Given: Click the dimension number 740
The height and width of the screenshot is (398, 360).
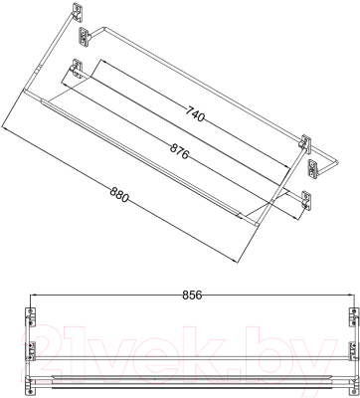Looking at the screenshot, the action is click(195, 114).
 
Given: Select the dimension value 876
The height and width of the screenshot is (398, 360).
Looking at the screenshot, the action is click(179, 151).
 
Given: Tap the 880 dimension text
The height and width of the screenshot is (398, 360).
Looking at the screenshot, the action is click(118, 195).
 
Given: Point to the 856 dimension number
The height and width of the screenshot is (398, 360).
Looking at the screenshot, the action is click(192, 295).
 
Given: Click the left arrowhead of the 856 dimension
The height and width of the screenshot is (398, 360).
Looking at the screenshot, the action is click(34, 295).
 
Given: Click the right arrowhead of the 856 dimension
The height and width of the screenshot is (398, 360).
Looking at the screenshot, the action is click(352, 295).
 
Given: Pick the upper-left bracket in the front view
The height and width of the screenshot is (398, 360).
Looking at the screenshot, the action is click(31, 317).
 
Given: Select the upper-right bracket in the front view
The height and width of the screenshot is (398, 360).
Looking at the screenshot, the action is click(353, 317).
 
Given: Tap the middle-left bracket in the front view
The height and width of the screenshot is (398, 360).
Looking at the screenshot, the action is click(31, 351).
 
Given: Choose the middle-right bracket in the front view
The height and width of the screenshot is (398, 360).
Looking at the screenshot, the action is click(353, 351).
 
